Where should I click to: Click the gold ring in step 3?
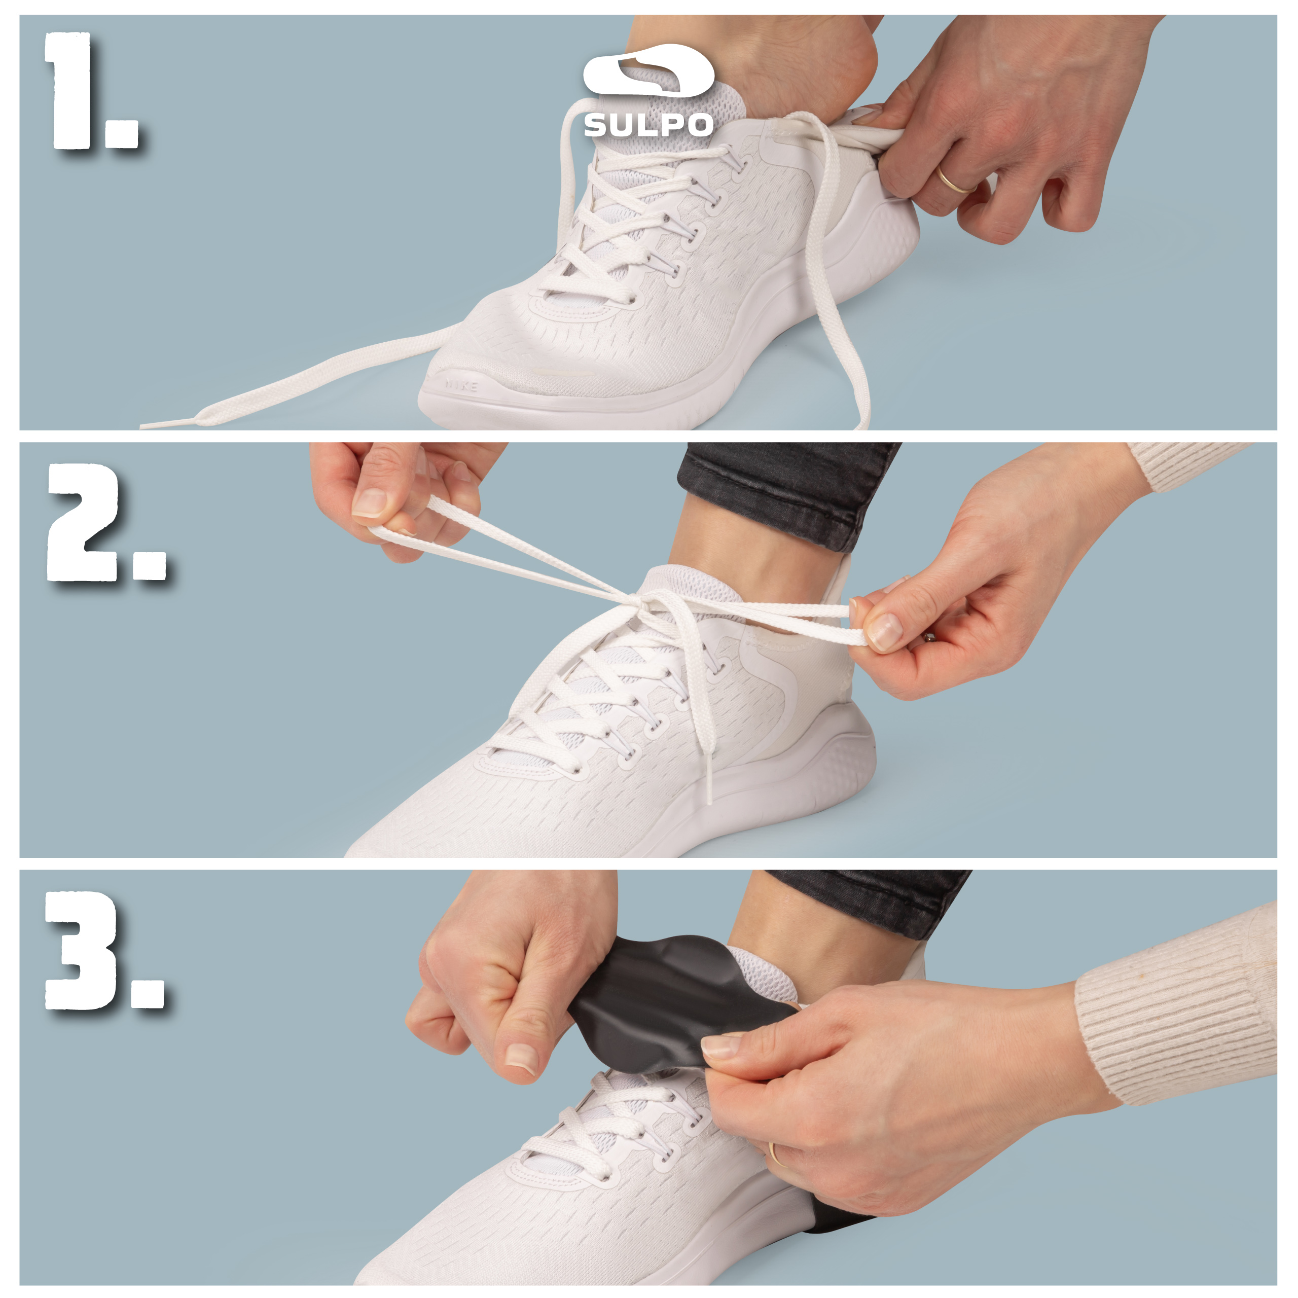pos(775,1153)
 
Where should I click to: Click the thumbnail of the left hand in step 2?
pos(370,502)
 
